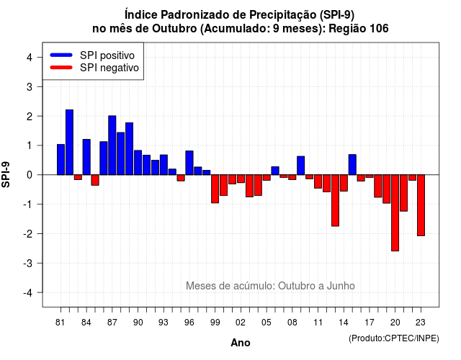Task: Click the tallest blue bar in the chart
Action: (69, 143)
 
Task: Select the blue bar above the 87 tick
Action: (112, 145)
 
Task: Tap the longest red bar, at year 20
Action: (395, 213)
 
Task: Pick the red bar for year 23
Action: (421, 205)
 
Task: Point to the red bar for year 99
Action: (215, 189)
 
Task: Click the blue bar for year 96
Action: (189, 163)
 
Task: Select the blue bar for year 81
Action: (61, 160)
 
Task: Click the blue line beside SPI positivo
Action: (61, 55)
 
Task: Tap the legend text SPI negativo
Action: (109, 68)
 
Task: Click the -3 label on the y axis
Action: (28, 263)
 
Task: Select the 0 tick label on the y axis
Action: (30, 175)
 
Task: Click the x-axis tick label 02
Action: (241, 323)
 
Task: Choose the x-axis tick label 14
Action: (344, 323)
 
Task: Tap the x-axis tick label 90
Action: (138, 323)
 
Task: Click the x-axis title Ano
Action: (241, 343)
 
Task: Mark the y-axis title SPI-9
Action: (6, 174)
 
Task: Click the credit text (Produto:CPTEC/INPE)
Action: (394, 338)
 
